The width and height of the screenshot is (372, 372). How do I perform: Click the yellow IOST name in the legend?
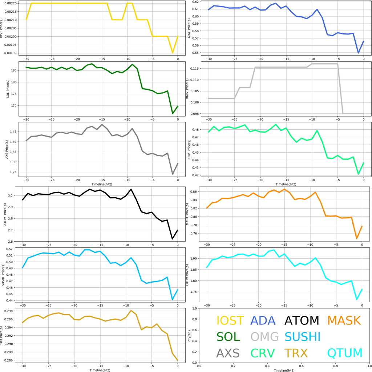230,321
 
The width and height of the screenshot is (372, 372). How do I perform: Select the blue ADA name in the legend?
264,321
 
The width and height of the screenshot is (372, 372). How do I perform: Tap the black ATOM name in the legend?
302,321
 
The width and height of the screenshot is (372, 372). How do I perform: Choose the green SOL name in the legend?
228,337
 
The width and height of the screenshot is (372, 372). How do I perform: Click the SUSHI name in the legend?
303,337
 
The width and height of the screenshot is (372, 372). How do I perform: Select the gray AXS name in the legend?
228,353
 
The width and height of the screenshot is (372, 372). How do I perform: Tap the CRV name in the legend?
263,353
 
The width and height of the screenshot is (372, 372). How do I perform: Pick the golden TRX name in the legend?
296,353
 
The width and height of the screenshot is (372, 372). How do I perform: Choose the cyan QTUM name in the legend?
345,353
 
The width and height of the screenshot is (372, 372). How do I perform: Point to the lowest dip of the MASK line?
357,239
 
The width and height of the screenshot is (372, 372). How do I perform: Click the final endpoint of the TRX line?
178,360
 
